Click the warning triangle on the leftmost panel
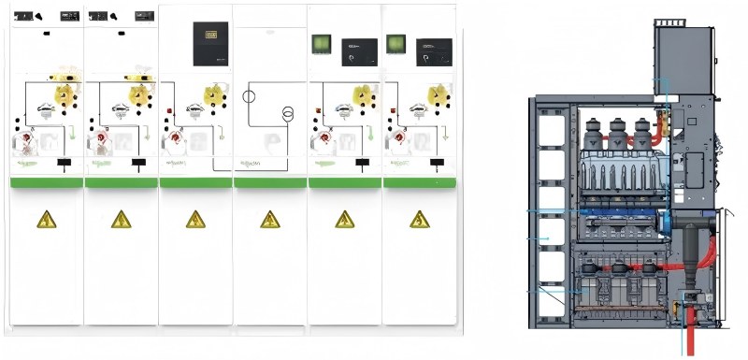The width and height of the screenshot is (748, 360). pyautogui.click(x=46, y=220)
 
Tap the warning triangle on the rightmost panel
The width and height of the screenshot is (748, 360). pyautogui.click(x=419, y=220)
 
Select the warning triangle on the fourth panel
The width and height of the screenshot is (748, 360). pyautogui.click(x=270, y=220)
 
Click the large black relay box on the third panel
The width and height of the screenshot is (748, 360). pyautogui.click(x=210, y=44)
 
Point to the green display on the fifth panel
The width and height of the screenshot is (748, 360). pyautogui.click(x=323, y=43)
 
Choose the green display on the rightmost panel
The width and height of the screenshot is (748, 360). pyautogui.click(x=396, y=43)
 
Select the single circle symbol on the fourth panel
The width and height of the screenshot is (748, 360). pyautogui.click(x=250, y=96)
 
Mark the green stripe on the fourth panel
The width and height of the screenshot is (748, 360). pyautogui.click(x=270, y=182)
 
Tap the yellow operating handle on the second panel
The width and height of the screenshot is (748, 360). pyautogui.click(x=140, y=94)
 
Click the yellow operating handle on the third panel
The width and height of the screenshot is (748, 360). pyautogui.click(x=214, y=94)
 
